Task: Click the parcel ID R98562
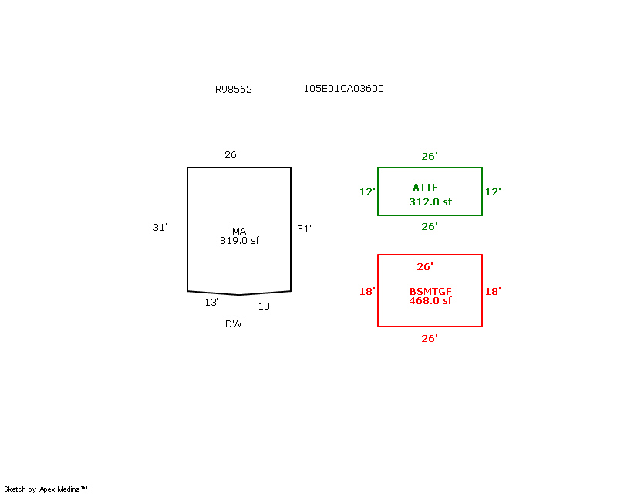click(x=234, y=90)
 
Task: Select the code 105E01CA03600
click(x=343, y=89)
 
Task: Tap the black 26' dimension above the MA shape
click(x=232, y=155)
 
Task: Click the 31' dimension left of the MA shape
click(x=160, y=227)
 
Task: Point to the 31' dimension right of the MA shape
click(x=304, y=229)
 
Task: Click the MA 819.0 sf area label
click(x=239, y=236)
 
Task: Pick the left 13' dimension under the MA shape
click(x=211, y=302)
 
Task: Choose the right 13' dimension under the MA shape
click(x=265, y=306)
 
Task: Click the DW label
click(x=234, y=324)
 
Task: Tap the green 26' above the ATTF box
click(x=430, y=157)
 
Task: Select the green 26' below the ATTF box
click(x=430, y=226)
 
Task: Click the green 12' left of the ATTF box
click(x=367, y=192)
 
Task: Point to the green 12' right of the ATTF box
click(x=493, y=192)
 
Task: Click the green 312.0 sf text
click(x=430, y=202)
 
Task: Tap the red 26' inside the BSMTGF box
click(x=425, y=267)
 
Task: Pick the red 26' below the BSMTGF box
click(x=430, y=338)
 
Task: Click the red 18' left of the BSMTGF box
click(x=367, y=292)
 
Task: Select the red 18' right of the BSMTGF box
click(x=493, y=292)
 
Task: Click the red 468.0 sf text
click(x=430, y=301)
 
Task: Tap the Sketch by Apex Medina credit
click(x=46, y=489)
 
